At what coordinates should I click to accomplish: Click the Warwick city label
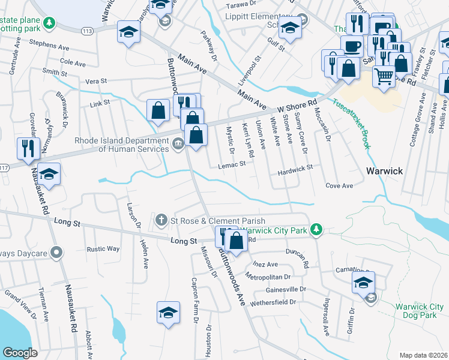pyautogui.click(x=384, y=171)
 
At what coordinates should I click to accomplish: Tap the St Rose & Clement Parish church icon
pyautogui.click(x=161, y=221)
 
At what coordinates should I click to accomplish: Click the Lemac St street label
pyautogui.click(x=233, y=164)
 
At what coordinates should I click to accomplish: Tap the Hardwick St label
pyautogui.click(x=295, y=172)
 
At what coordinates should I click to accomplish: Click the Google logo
pyautogui.click(x=19, y=353)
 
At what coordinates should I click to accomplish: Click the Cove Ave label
pyautogui.click(x=339, y=186)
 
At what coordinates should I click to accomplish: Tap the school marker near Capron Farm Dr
pyautogui.click(x=168, y=311)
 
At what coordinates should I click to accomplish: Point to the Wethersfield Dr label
pyautogui.click(x=273, y=302)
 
